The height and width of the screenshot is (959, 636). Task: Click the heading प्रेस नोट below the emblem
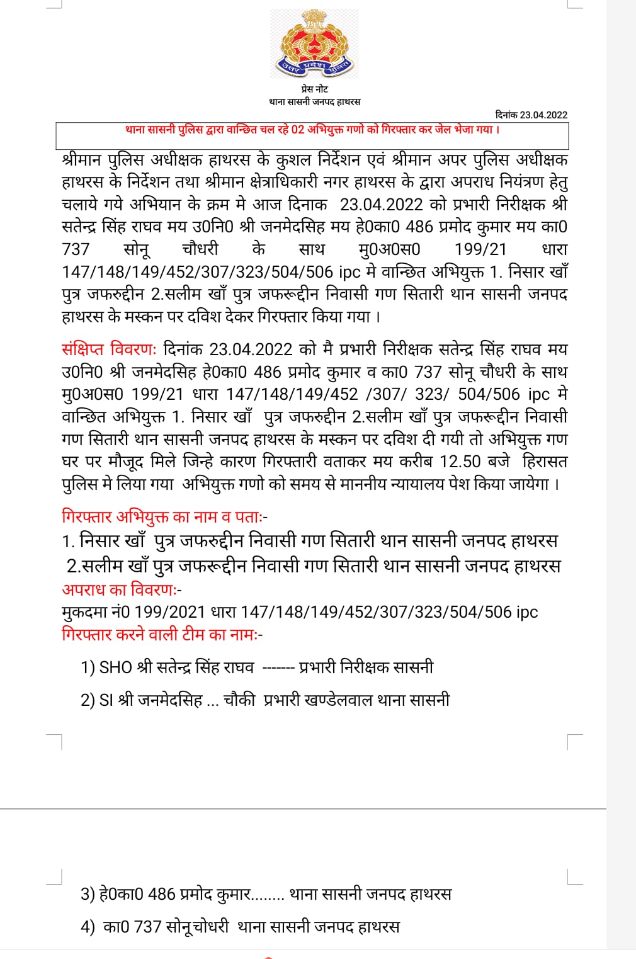[314, 89]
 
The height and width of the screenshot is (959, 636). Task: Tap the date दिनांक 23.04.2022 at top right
[531, 115]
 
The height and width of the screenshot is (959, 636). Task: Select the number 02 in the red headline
[297, 130]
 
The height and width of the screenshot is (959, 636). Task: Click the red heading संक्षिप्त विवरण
[109, 349]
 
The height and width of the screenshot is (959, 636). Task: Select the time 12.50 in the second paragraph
[460, 462]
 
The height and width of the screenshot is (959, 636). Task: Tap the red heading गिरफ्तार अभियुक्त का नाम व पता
[164, 517]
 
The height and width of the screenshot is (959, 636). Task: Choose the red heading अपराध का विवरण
[122, 590]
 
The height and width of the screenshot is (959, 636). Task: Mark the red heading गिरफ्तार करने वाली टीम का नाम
[162, 634]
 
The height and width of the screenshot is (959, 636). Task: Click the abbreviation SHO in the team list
[116, 667]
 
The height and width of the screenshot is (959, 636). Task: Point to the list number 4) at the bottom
[88, 927]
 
